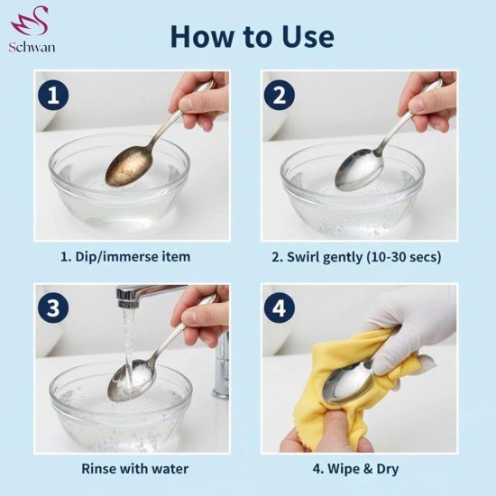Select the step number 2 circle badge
point(280,94)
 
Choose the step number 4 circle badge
point(280,308)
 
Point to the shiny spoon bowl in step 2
point(354,169)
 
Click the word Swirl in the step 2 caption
point(313,257)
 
